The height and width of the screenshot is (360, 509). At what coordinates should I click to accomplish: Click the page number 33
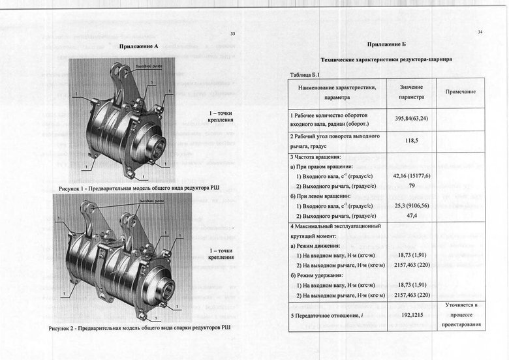[x=233, y=34]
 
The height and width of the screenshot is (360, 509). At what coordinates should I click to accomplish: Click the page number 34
[x=480, y=31]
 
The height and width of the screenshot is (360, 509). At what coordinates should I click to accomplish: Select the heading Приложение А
[x=139, y=47]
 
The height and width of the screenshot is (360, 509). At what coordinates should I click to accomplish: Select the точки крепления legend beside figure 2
[x=221, y=254]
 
